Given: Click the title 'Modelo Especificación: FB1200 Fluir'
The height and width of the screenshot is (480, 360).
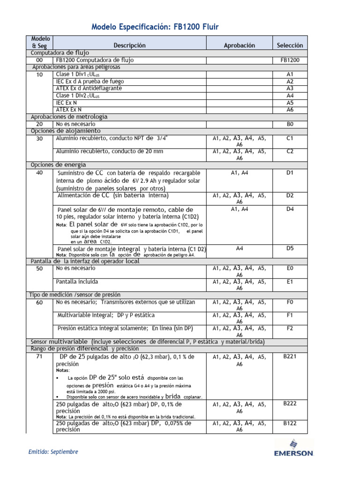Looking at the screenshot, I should tap(155, 28).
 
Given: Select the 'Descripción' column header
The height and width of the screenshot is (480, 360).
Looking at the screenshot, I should tap(129, 45).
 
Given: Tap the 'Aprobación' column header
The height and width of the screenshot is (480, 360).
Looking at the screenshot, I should tap(239, 45).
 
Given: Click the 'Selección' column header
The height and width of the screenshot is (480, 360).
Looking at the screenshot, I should tap(290, 45).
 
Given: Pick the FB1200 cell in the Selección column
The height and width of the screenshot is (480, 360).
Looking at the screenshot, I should tap(290, 60).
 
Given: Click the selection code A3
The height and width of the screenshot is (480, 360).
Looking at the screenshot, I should tap(290, 88).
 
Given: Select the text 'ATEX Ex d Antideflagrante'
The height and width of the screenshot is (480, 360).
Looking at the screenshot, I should tap(89, 88).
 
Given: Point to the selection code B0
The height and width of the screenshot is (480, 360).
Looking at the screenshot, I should tap(290, 124).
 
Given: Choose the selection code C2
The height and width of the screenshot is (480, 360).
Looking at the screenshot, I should tap(290, 151).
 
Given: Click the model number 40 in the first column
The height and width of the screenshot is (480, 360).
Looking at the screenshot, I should tap(39, 172).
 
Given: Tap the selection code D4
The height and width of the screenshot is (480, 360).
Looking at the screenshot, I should tap(290, 209).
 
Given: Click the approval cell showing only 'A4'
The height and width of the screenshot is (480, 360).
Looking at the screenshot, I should tap(239, 248).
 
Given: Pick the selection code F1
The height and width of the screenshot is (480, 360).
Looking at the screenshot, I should tap(290, 315).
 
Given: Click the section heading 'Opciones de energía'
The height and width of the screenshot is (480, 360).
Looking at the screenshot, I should tap(58, 165).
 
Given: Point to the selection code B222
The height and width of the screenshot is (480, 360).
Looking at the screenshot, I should tap(290, 403).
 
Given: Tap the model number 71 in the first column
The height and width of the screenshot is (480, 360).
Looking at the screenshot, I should tap(39, 357).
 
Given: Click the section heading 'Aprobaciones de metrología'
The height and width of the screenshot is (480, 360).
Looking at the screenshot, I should tap(69, 117).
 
